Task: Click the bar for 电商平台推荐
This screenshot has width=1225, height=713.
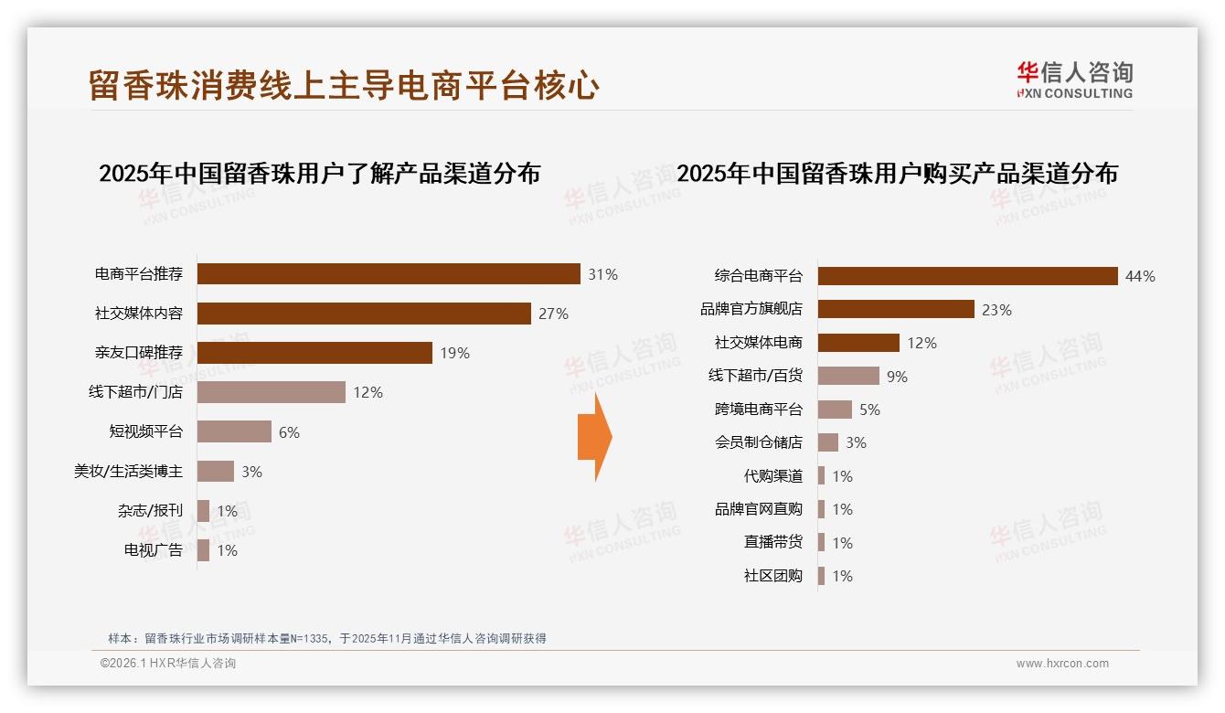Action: (389, 274)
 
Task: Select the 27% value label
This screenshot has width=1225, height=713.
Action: (553, 314)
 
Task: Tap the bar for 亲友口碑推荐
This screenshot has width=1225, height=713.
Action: (314, 353)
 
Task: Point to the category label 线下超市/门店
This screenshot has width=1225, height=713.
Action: (135, 392)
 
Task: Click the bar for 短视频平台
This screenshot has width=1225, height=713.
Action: (234, 431)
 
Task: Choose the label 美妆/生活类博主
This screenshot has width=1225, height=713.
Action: (128, 472)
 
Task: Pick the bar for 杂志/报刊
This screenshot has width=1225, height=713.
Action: (203, 511)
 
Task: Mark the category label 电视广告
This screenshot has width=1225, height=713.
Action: (154, 550)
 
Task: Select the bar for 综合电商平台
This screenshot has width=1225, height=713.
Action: (967, 276)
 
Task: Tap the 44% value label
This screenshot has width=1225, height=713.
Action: (1140, 276)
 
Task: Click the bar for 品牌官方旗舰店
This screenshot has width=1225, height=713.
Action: (896, 309)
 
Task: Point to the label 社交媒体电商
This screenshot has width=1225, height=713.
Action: (759, 343)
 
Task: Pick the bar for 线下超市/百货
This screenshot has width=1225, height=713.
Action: (848, 376)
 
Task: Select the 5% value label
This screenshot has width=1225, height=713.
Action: (869, 410)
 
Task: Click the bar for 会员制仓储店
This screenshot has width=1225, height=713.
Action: (827, 442)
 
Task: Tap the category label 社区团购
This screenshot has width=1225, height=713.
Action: (773, 576)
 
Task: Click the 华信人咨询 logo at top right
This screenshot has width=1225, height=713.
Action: (1074, 80)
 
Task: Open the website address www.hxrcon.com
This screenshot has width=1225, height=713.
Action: (1062, 664)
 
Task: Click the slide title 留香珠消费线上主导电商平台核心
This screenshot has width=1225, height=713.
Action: (344, 85)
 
